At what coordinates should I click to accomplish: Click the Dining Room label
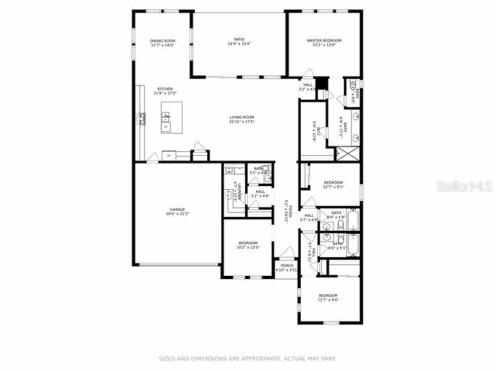click(x=162, y=41)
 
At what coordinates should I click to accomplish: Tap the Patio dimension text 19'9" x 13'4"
click(x=239, y=44)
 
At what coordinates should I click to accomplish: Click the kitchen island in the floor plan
click(x=172, y=118)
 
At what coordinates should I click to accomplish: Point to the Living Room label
click(x=241, y=117)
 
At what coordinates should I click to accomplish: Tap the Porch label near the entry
click(x=287, y=265)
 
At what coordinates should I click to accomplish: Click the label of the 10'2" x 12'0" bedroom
click(x=247, y=243)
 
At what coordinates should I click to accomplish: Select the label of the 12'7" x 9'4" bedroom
click(x=328, y=295)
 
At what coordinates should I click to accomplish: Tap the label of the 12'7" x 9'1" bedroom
click(x=333, y=183)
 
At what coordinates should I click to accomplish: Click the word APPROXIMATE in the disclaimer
click(x=261, y=359)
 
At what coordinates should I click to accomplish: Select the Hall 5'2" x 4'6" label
click(x=260, y=192)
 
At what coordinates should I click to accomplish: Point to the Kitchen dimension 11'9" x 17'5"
click(x=163, y=93)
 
